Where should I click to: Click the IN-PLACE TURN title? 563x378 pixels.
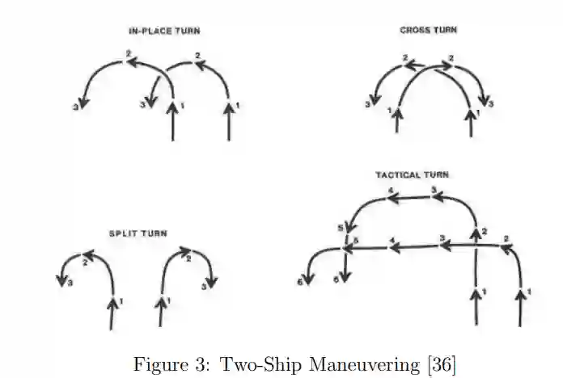coord(164,31)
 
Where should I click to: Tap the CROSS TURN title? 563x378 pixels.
coord(428,30)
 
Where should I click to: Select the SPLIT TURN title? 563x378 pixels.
coord(138,233)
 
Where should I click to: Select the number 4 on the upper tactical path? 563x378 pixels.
coord(391,191)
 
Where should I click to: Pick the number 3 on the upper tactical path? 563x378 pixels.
coord(434,191)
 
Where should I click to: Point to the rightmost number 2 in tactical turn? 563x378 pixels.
coord(506,239)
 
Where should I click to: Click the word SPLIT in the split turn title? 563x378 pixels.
coord(123,233)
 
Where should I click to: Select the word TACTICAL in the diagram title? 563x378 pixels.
coord(398,174)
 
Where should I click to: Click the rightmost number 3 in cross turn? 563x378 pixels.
coord(491,105)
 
